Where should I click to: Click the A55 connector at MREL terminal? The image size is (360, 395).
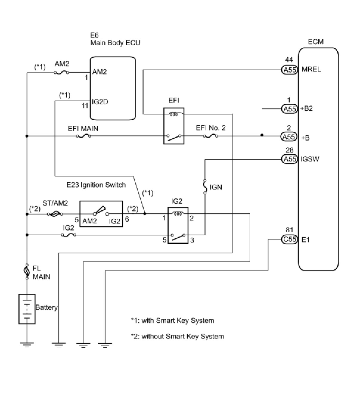click(289, 70)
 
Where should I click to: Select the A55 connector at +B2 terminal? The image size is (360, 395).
click(289, 109)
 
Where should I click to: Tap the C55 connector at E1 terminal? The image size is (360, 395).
click(289, 239)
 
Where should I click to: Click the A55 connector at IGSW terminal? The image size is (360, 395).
click(289, 159)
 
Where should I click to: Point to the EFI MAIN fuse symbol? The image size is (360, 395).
click(83, 136)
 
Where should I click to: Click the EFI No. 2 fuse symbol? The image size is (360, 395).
click(210, 136)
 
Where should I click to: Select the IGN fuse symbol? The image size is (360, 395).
click(205, 187)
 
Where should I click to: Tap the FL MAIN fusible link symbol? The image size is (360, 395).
click(27, 272)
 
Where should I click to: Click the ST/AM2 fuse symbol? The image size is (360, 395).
click(55, 214)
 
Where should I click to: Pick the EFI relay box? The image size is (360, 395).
click(174, 126)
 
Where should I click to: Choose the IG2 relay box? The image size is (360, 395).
click(178, 225)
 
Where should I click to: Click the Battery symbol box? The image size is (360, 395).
click(27, 309)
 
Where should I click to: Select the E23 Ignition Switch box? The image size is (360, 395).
click(101, 214)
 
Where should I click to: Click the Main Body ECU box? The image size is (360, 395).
click(113, 88)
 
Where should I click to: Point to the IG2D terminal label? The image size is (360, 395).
click(100, 102)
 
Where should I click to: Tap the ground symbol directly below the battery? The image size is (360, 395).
click(27, 345)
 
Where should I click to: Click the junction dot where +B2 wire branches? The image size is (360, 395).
click(262, 135)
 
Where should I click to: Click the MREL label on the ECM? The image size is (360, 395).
click(311, 69)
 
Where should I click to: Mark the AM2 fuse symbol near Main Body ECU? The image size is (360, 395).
click(61, 73)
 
